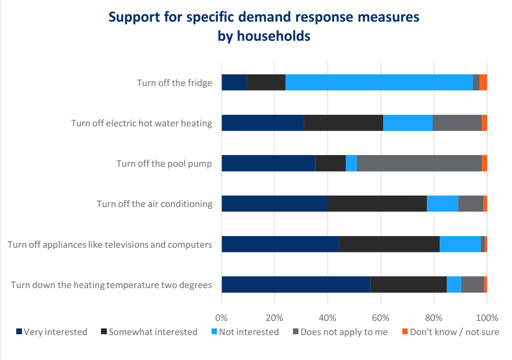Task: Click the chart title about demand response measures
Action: coord(263,26)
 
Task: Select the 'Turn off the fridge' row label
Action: coord(175,83)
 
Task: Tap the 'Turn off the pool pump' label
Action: coord(164,163)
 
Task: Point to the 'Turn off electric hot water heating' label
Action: coord(142,123)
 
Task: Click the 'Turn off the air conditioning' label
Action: coord(155,204)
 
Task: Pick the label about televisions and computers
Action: coord(110,244)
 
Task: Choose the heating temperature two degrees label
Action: coord(111,285)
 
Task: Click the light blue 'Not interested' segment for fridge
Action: coord(379,82)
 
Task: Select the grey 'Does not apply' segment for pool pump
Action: coord(419,163)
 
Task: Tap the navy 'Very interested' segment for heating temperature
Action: coord(295,285)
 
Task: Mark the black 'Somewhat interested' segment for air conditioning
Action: coord(377,204)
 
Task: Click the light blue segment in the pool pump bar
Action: coord(351,163)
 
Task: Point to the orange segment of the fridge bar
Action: coord(483,82)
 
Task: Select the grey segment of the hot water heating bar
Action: coord(457,123)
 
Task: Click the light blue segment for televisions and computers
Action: coord(460,244)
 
